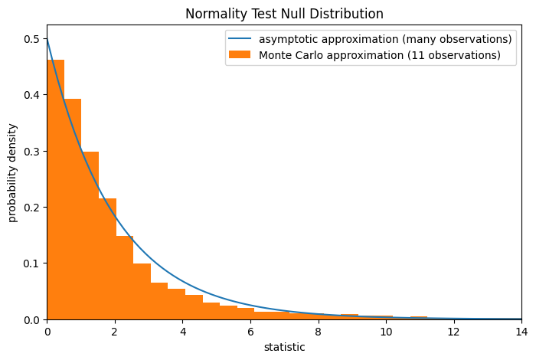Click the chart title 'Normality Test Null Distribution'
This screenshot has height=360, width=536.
[x=284, y=14]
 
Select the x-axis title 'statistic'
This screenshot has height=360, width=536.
[x=284, y=347]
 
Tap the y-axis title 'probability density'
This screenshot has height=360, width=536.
[x=13, y=172]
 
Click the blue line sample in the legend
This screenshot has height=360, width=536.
[x=240, y=39]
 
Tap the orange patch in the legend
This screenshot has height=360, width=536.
[x=240, y=55]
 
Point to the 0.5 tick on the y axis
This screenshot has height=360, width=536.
[x=34, y=38]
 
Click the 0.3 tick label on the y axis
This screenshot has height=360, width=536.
[x=34, y=151]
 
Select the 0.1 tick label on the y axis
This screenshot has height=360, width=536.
[x=34, y=263]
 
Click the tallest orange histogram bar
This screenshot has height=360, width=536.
[x=55, y=191]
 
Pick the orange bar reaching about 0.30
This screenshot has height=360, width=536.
[x=90, y=237]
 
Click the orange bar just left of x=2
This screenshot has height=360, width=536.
[x=107, y=260]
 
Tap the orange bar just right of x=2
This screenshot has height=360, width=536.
[x=124, y=280]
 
